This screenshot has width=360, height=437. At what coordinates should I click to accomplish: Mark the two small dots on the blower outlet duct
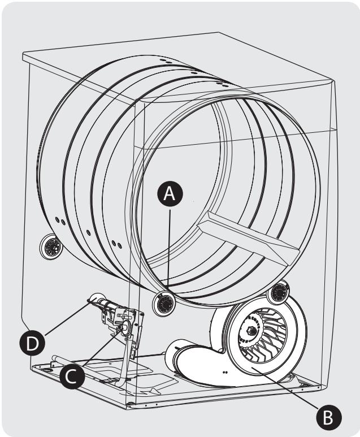point(225,373)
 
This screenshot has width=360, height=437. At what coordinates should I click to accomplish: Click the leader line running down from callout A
point(168,249)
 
